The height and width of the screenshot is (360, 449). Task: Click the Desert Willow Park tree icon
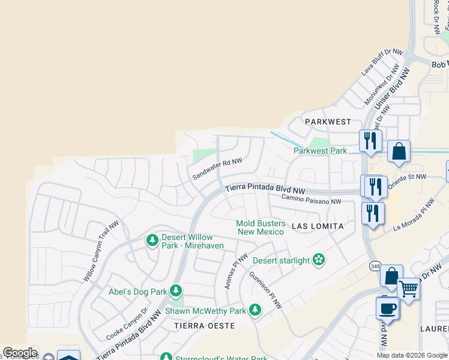click(152, 241)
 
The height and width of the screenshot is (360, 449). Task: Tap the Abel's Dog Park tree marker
click(175, 292)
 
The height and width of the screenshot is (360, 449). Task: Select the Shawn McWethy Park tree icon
click(255, 310)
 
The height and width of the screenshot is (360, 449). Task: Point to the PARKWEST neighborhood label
click(328, 122)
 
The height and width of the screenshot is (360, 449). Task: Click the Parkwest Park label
click(320, 151)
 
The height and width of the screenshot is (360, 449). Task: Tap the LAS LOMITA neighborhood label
click(318, 226)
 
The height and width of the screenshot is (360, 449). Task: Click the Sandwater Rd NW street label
click(217, 169)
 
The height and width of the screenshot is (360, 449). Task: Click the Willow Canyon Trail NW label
click(98, 258)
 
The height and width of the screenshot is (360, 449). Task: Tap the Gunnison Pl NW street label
click(265, 290)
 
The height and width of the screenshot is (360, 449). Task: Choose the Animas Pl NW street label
click(236, 271)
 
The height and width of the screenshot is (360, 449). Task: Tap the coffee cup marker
click(387, 308)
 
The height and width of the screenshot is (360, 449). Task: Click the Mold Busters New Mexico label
click(261, 227)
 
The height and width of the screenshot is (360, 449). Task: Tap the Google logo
click(20, 353)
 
